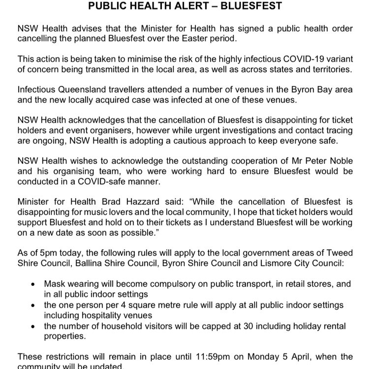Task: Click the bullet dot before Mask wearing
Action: point(33,284)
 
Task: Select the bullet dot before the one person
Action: point(33,305)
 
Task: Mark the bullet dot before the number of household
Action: point(33,326)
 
